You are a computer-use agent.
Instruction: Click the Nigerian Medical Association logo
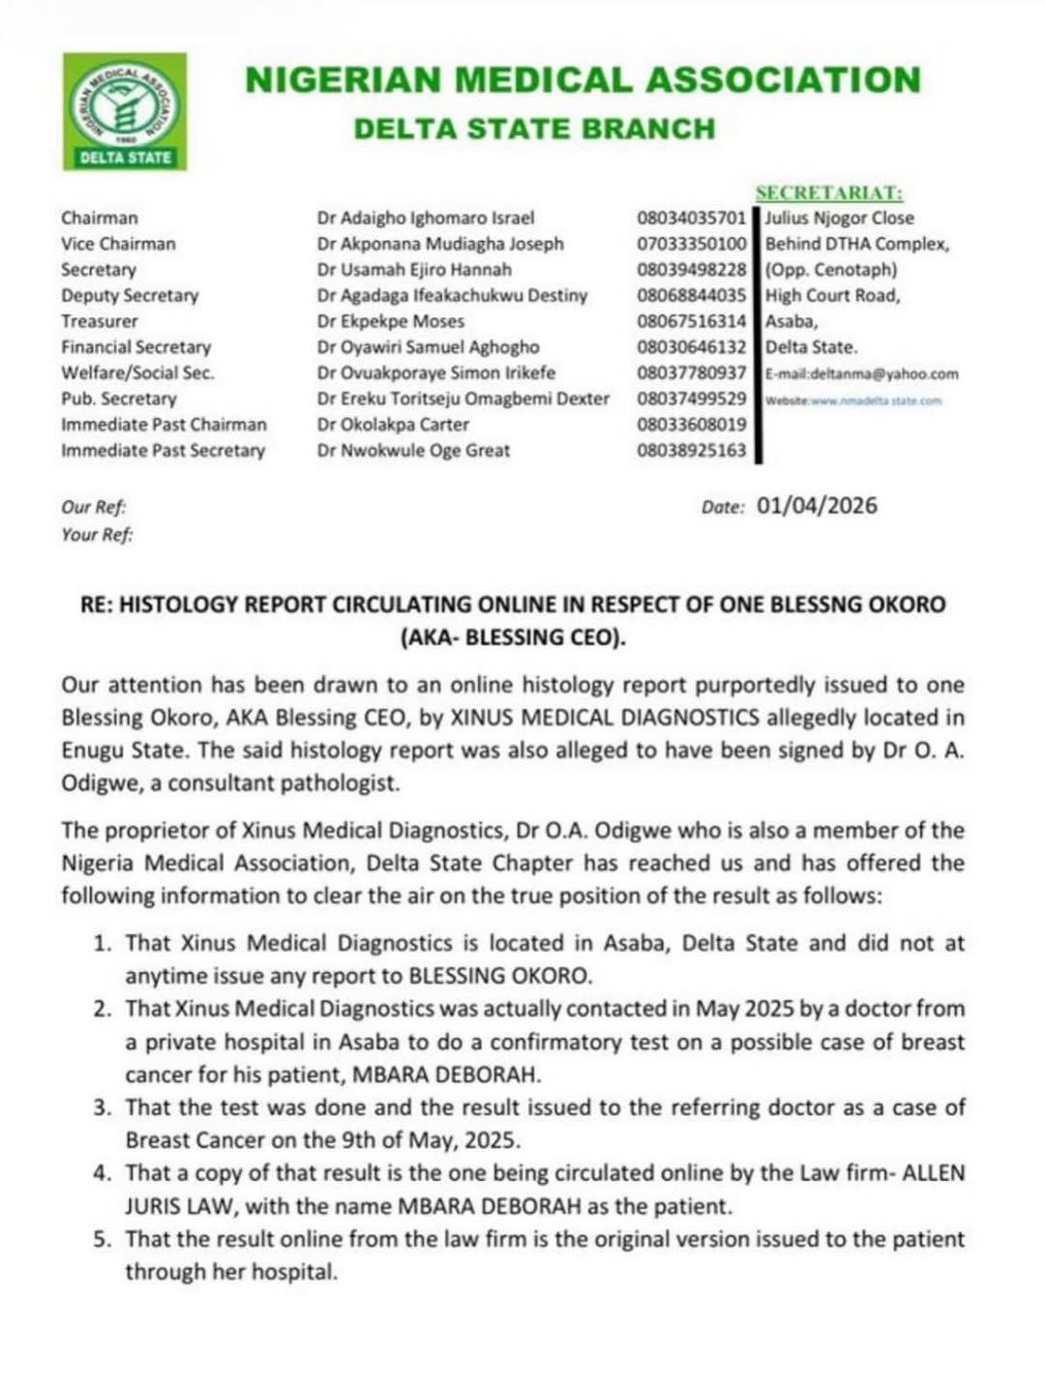(x=125, y=111)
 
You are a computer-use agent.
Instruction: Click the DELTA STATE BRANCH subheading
(x=534, y=129)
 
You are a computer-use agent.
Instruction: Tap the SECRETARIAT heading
(x=829, y=193)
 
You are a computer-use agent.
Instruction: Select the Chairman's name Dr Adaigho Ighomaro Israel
(x=425, y=219)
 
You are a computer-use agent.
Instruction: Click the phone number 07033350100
(x=691, y=244)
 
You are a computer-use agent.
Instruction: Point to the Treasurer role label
(x=99, y=321)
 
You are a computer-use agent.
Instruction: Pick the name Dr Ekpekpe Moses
(x=390, y=321)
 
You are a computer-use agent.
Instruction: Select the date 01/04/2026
(x=817, y=506)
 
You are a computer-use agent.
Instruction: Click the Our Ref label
(x=93, y=507)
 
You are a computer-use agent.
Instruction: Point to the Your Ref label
(x=97, y=534)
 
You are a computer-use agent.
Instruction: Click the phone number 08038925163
(x=691, y=450)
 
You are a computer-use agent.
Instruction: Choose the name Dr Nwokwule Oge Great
(x=413, y=450)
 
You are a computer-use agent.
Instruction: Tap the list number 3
(x=103, y=1107)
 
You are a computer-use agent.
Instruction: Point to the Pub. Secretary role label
(x=118, y=398)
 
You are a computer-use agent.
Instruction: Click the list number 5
(x=103, y=1239)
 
